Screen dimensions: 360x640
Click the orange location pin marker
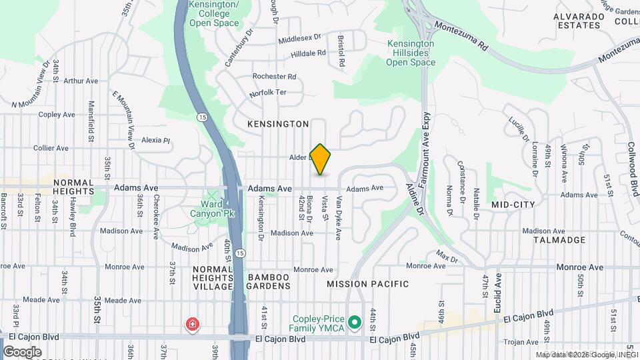(x=321, y=159)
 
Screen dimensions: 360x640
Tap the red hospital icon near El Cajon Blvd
(x=192, y=325)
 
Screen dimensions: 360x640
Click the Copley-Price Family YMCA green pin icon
(x=355, y=323)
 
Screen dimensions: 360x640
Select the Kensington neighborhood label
(x=278, y=124)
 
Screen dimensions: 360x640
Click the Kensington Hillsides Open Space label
(x=411, y=53)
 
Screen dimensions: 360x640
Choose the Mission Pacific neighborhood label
(x=367, y=284)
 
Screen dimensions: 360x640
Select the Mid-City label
(x=513, y=204)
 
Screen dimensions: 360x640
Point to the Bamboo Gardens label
(x=269, y=281)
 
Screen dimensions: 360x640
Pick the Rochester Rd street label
(x=274, y=77)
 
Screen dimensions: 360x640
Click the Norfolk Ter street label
(x=267, y=93)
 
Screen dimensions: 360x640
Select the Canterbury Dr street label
(x=240, y=47)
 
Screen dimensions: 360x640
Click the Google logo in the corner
(x=23, y=351)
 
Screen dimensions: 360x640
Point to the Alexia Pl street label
(x=156, y=141)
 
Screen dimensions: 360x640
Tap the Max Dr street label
(x=447, y=255)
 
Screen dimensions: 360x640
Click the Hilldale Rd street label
(x=309, y=52)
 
